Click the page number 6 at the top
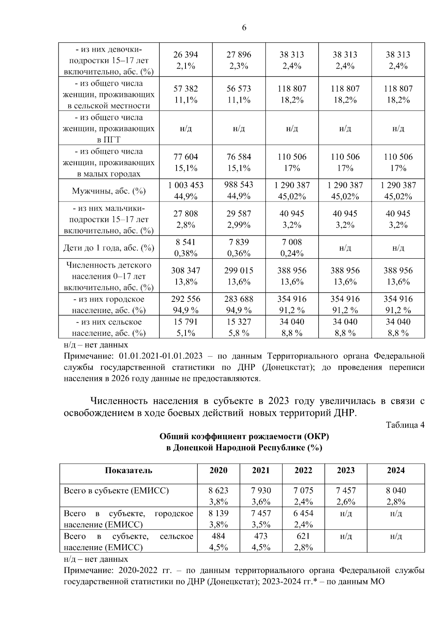[x=244, y=28]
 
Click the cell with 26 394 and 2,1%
[x=185, y=60]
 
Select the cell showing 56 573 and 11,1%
[x=239, y=94]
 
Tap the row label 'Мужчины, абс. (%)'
[x=109, y=191]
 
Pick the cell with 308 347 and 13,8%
[x=185, y=276]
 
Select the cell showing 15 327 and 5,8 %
[x=239, y=327]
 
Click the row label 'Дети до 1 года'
[x=109, y=248]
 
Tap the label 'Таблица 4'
[x=405, y=425]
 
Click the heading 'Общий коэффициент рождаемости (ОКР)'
[x=244, y=437]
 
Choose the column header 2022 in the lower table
[x=303, y=470]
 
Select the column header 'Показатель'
[x=128, y=470]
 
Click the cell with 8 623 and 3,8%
[x=218, y=496]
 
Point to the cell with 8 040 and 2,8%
[x=395, y=496]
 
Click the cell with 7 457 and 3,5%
[x=261, y=519]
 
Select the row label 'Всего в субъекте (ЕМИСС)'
[x=116, y=491]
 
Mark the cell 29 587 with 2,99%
[x=239, y=219]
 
